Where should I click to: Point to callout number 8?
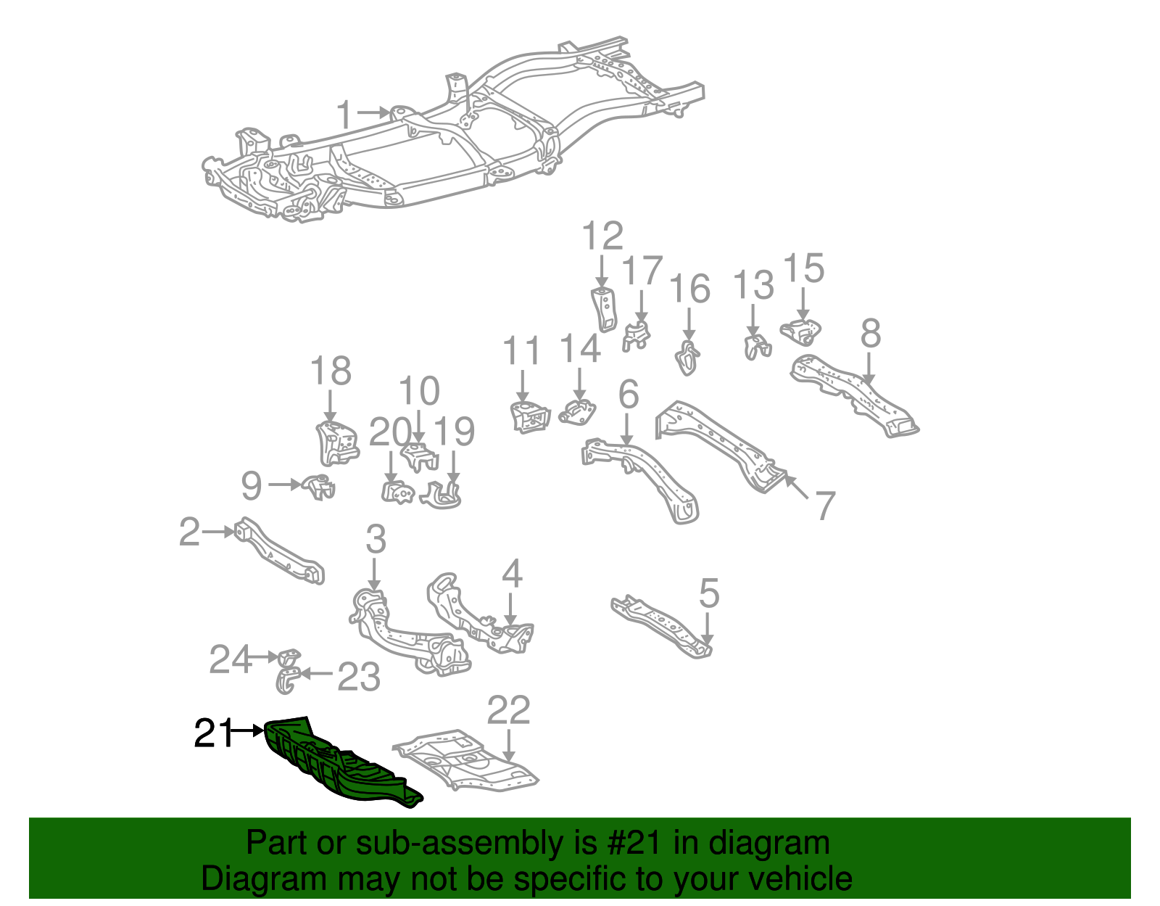(x=870, y=334)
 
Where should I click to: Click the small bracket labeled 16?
(x=687, y=357)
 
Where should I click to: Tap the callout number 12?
(x=602, y=236)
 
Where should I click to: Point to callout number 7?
(x=824, y=506)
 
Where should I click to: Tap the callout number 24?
(x=229, y=659)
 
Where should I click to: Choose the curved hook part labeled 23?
(x=286, y=681)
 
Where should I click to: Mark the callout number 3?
(x=376, y=540)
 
